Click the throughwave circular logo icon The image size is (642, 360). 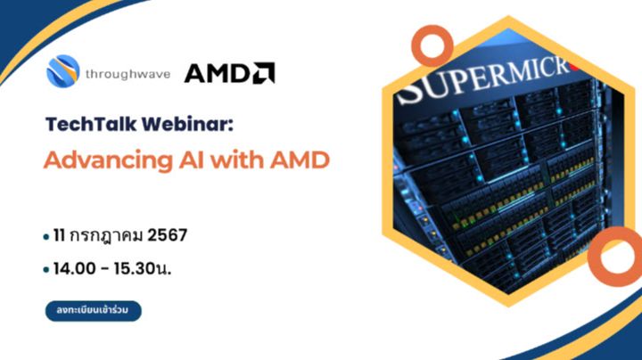[63, 71]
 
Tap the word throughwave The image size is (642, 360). [127, 72]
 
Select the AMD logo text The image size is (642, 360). [218, 73]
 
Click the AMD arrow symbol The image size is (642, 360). [264, 72]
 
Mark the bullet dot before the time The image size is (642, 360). [45, 269]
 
